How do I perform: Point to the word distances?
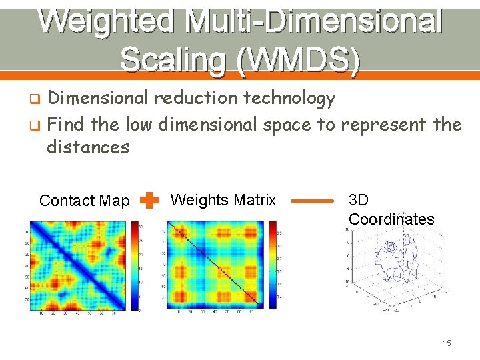click(x=87, y=147)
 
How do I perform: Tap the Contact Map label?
click(x=84, y=201)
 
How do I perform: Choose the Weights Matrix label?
click(x=223, y=200)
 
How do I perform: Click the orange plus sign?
click(x=150, y=200)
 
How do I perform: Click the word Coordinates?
click(x=391, y=219)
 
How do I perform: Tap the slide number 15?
click(x=447, y=343)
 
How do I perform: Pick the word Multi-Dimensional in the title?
click(x=313, y=21)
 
